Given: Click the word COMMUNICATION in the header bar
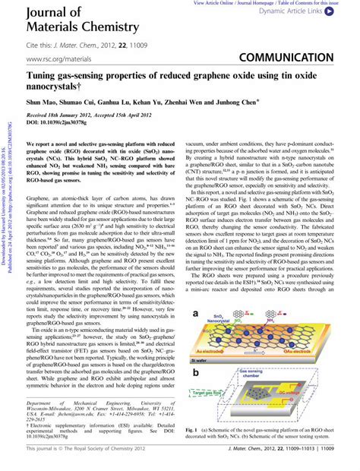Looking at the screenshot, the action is (305, 59).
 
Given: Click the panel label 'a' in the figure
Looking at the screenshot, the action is (197, 292).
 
